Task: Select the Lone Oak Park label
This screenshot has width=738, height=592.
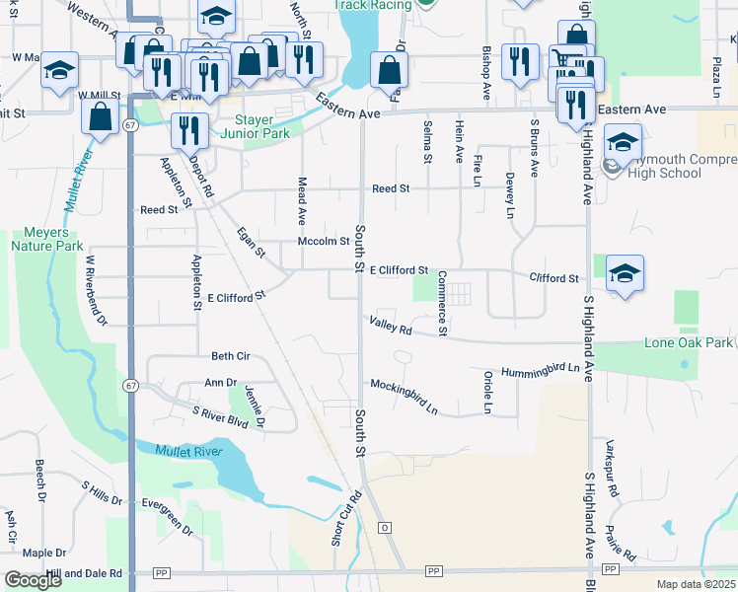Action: click(x=689, y=342)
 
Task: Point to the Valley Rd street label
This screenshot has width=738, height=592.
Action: click(x=391, y=326)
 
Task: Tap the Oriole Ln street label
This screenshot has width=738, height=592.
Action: click(x=487, y=392)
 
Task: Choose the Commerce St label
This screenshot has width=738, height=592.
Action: click(x=443, y=303)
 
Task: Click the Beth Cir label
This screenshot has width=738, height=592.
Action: click(x=230, y=356)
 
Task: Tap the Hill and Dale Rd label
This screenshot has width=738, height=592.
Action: click(x=90, y=572)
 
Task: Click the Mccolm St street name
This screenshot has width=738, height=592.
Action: click(x=324, y=241)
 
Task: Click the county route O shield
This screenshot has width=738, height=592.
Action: click(x=385, y=528)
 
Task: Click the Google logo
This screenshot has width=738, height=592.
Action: click(x=33, y=580)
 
